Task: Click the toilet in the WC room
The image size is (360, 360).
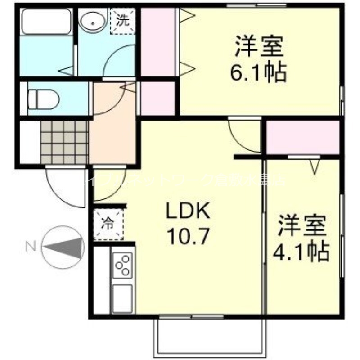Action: click(x=43, y=99)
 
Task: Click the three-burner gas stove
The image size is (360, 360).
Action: click(x=122, y=265)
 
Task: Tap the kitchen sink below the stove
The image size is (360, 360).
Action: click(x=122, y=297)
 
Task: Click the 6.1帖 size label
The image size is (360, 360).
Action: click(x=258, y=72)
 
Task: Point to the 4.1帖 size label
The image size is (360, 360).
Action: click(x=301, y=252)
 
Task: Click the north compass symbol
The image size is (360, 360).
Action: click(x=63, y=247)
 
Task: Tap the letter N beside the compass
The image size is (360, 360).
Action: click(x=31, y=246)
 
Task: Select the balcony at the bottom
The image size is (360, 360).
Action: click(x=210, y=335)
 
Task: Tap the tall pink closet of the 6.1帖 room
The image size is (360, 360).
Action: click(x=158, y=43)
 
